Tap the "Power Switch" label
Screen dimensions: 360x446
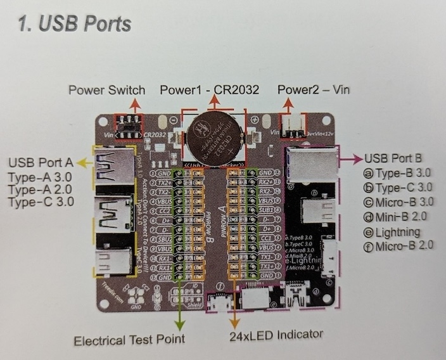106,90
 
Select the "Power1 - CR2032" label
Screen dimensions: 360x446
209,90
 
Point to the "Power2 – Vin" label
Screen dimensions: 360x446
313,90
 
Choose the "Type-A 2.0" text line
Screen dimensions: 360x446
40,189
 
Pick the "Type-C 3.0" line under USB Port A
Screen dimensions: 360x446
40,202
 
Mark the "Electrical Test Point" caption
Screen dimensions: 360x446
129,340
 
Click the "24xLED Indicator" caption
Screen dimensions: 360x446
276,334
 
